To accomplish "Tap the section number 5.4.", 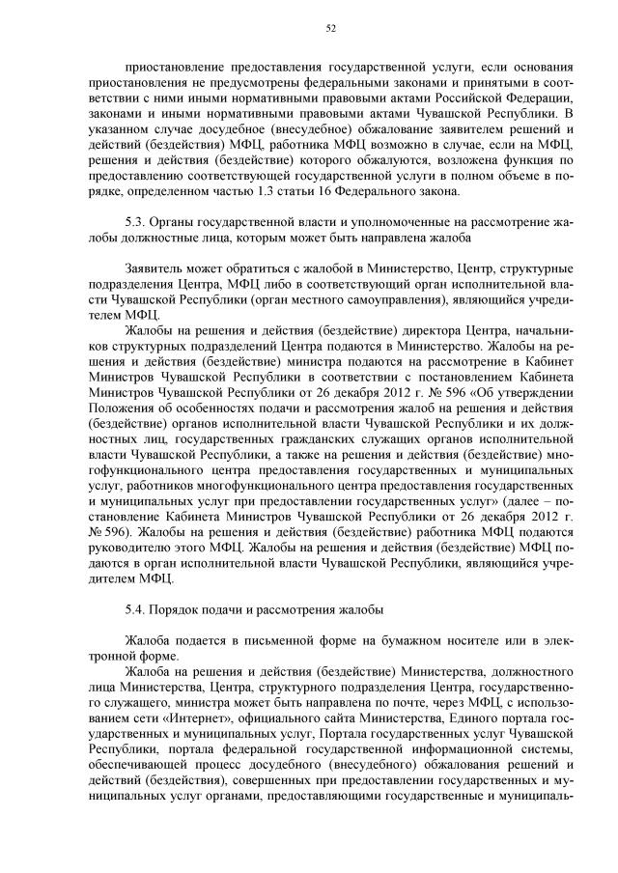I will coord(136,609).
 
